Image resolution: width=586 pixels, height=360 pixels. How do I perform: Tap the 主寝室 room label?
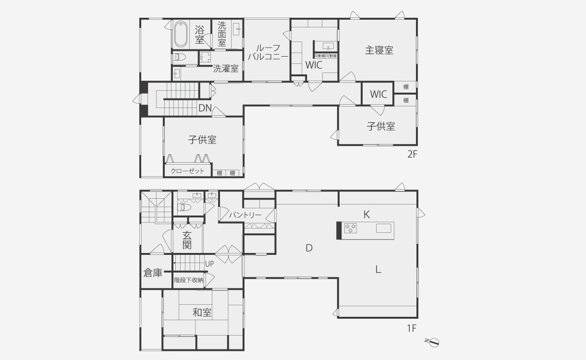[x=379, y=50]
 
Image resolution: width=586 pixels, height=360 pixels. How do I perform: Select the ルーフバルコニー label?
[x=268, y=52]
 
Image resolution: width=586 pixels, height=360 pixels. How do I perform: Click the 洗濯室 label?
[x=226, y=69]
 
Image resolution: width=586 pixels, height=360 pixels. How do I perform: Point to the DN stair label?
[x=205, y=108]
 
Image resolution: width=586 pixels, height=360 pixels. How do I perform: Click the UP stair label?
[x=209, y=264]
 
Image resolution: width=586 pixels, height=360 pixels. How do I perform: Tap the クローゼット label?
[x=187, y=171]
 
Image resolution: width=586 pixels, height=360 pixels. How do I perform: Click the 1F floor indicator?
[x=412, y=329]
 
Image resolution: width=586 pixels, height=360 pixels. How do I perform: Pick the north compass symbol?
[x=434, y=342]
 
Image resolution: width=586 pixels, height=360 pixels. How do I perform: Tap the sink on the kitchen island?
[x=384, y=228]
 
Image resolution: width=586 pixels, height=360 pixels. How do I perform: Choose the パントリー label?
[x=245, y=215]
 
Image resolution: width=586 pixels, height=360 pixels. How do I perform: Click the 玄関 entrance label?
[x=187, y=240]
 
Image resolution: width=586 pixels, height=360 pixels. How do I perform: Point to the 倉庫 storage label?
[x=153, y=273]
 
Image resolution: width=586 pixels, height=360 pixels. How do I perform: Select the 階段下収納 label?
[x=188, y=280]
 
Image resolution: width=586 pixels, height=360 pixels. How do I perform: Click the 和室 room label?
[x=202, y=313]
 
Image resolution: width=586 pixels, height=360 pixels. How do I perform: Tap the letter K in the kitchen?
[x=366, y=215]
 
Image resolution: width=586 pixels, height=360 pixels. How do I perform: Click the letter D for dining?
[x=309, y=248]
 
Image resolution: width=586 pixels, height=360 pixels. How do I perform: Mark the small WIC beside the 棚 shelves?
[x=378, y=95]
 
